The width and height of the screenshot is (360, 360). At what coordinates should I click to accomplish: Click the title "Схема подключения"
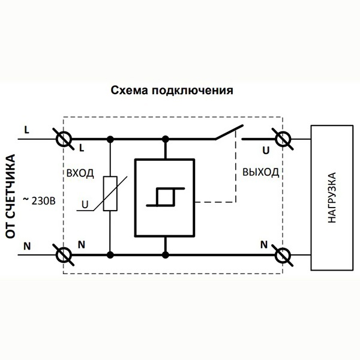172,92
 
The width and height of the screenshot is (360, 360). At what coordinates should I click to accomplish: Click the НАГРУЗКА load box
331,197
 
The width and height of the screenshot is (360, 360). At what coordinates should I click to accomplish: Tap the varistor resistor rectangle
110,194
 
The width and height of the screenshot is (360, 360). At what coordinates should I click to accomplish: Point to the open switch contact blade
229,133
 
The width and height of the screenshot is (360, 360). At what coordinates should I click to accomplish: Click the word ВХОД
79,173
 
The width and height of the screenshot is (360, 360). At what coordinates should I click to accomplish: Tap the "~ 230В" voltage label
40,200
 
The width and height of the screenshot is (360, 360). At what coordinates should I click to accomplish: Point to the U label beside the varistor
85,205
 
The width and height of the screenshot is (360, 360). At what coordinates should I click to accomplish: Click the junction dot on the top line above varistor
110,139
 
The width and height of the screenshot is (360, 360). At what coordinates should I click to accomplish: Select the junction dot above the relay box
164,139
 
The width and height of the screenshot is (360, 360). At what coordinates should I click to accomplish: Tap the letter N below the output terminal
264,244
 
